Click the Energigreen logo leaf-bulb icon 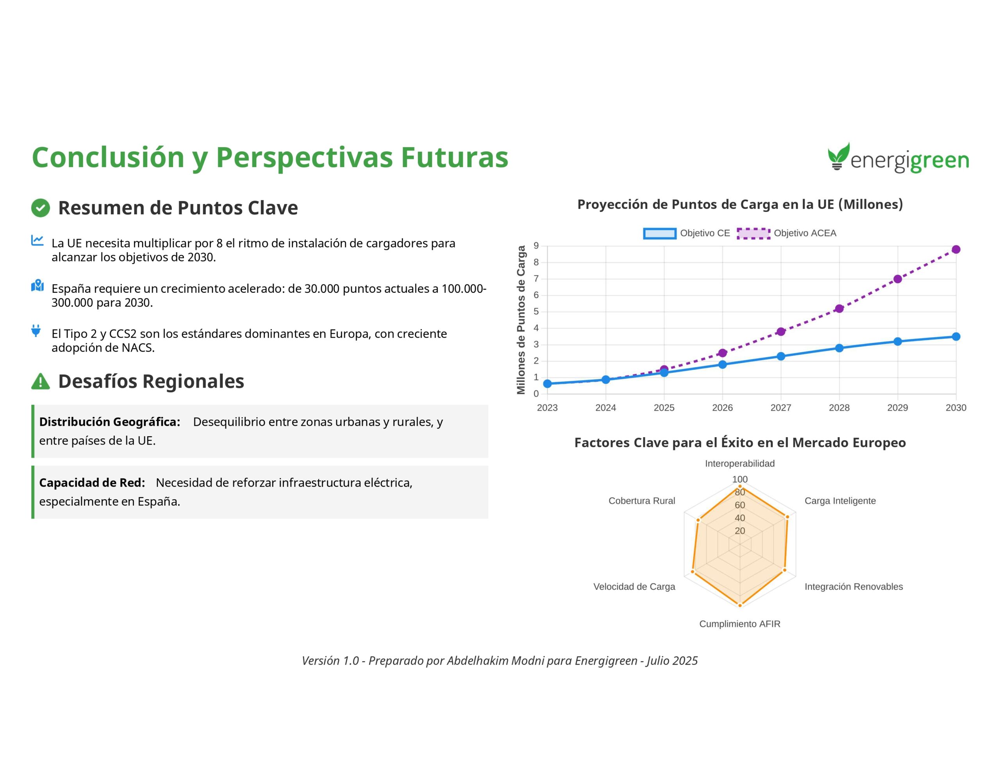click(x=838, y=156)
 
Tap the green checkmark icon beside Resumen click(x=40, y=208)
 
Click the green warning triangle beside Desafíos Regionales click(x=40, y=382)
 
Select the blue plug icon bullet click(x=36, y=331)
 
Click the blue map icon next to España click(x=37, y=286)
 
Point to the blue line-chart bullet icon click(x=37, y=240)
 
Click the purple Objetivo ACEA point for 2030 click(x=956, y=249)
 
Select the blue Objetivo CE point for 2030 click(x=956, y=336)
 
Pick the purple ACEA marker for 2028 click(x=839, y=308)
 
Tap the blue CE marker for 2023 click(x=547, y=384)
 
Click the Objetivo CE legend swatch click(x=660, y=233)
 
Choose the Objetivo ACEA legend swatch click(x=754, y=233)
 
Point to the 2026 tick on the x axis click(x=723, y=408)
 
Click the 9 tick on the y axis click(x=536, y=246)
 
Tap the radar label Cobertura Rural click(x=641, y=501)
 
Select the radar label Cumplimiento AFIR click(x=740, y=624)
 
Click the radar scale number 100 click(x=740, y=479)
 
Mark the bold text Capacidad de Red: click(x=92, y=483)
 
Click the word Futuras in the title click(x=455, y=157)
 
